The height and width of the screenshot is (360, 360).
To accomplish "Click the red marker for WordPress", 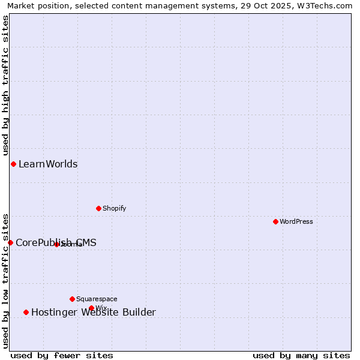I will (275, 221).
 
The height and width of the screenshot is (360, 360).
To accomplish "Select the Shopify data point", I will (98, 208).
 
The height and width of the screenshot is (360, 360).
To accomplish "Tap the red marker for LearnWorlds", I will (13, 164).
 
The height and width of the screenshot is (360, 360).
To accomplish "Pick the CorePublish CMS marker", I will (10, 242).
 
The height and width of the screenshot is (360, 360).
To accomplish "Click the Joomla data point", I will (56, 244).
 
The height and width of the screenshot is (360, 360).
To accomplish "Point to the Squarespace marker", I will (72, 299).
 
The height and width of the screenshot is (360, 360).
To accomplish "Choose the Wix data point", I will (91, 308).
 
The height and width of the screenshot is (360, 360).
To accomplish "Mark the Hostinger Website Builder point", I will (26, 312).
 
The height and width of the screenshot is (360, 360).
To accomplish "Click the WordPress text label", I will (296, 221).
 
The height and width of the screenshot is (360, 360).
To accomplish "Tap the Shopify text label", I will (114, 208).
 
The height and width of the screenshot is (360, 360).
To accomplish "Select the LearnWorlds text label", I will (48, 164).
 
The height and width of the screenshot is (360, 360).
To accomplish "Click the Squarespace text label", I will (97, 299).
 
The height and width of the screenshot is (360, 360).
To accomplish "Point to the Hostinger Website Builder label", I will (94, 312).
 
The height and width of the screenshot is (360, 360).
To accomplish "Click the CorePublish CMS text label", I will (56, 242).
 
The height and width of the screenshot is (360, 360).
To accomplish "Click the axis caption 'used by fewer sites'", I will (62, 355).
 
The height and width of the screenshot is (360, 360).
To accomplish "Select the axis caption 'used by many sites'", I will (301, 355).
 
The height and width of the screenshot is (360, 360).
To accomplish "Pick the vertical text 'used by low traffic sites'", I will (5, 280).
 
